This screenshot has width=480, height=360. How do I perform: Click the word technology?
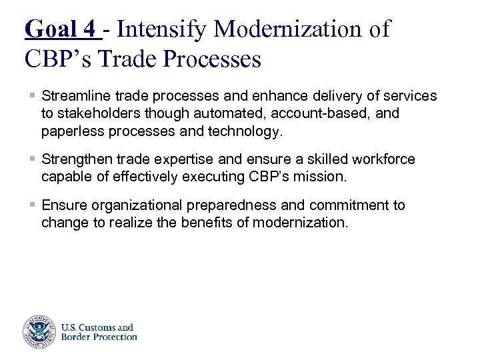tap(245, 131)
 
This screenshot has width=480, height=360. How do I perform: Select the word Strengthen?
tap(75, 159)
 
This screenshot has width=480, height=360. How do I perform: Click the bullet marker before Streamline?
tap(33, 97)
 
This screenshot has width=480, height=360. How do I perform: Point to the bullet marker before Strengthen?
tap(33, 159)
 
